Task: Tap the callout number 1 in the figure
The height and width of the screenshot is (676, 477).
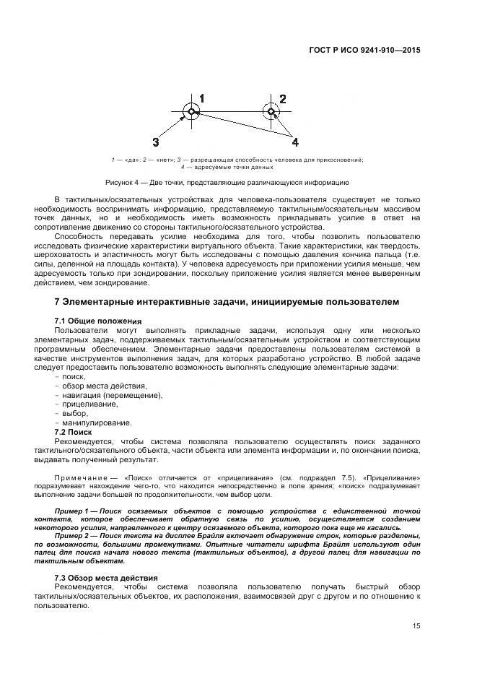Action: tap(202, 98)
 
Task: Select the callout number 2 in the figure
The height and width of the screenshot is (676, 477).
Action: tap(282, 99)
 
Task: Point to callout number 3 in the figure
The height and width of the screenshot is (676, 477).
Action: tap(155, 142)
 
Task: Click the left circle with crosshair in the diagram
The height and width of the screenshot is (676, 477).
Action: tap(191, 111)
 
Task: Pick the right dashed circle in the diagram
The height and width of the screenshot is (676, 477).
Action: tap(271, 111)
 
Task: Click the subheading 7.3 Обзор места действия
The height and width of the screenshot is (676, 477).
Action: tap(106, 578)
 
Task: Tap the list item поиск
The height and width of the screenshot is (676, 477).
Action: tap(74, 377)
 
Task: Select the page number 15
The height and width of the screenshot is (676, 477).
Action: tap(416, 626)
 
